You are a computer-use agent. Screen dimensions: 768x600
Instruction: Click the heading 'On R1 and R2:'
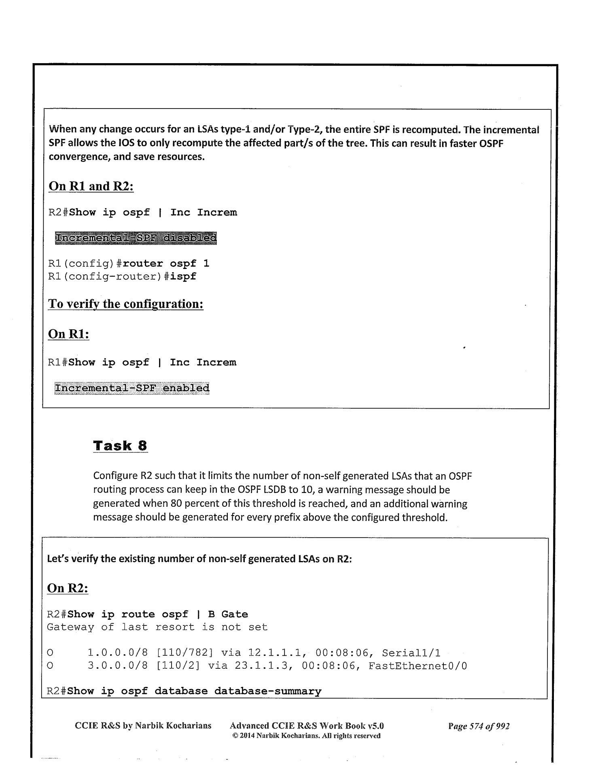[x=91, y=187]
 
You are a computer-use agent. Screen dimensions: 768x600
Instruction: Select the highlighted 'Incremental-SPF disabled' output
[x=136, y=238]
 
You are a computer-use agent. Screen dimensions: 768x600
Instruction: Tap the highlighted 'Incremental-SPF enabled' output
[x=132, y=388]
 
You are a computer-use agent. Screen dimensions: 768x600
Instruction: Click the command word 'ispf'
[x=183, y=277]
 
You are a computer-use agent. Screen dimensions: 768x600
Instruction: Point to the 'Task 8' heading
[x=120, y=446]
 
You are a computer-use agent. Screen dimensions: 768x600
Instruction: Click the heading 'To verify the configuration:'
[x=125, y=304]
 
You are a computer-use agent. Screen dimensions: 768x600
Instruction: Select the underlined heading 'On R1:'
[x=68, y=334]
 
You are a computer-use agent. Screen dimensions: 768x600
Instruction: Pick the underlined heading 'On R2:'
[x=68, y=588]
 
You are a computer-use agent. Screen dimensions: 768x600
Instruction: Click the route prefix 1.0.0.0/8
[x=118, y=653]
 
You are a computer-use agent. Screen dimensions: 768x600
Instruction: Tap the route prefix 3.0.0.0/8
[x=118, y=666]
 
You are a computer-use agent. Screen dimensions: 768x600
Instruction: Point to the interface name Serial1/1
[x=411, y=653]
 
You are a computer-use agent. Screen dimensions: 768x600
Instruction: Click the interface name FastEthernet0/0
[x=418, y=666]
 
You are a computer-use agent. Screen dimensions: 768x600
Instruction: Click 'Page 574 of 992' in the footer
[x=479, y=726]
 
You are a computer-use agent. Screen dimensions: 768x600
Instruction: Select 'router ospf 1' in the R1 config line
[x=166, y=264]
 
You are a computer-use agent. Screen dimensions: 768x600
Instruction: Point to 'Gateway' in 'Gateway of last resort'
[x=70, y=627]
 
